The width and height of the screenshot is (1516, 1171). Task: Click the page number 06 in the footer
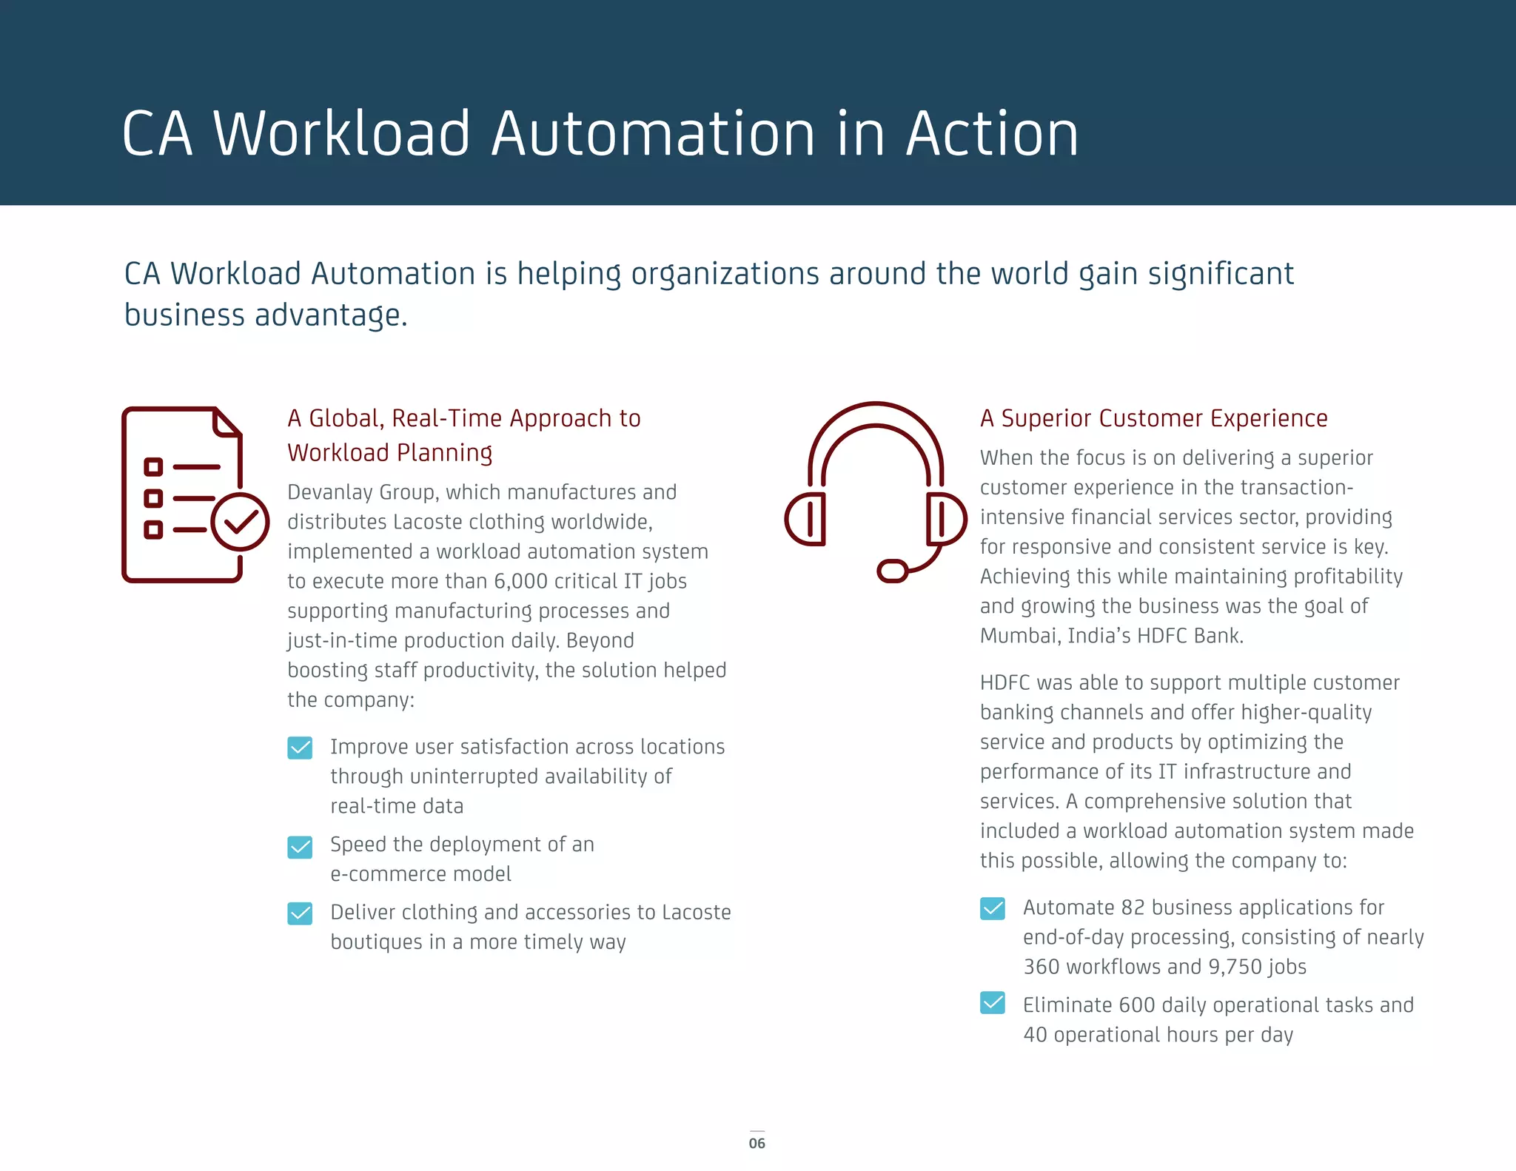pos(757,1143)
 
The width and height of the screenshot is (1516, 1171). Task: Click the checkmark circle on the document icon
pos(240,522)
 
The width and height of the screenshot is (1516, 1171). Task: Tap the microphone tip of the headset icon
pos(893,571)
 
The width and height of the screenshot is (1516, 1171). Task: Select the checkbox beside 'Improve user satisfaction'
pos(300,748)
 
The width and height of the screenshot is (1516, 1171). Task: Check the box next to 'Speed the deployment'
pos(300,846)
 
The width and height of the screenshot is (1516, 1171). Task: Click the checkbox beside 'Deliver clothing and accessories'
pos(300,913)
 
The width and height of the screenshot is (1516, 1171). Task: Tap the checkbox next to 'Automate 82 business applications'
pos(993,908)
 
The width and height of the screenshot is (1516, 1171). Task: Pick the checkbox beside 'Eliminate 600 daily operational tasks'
pos(993,1003)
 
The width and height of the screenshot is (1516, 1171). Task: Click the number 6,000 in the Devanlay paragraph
pos(521,581)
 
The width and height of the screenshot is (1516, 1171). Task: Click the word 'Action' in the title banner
pos(992,134)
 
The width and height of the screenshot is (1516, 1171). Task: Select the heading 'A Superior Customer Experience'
pos(1153,418)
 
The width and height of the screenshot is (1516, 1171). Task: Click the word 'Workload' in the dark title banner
pos(342,134)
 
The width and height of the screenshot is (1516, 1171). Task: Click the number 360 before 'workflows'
pos(1040,967)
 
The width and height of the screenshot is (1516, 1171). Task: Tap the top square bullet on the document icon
pos(153,467)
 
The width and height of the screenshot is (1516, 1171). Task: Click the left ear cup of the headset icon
pos(805,519)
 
